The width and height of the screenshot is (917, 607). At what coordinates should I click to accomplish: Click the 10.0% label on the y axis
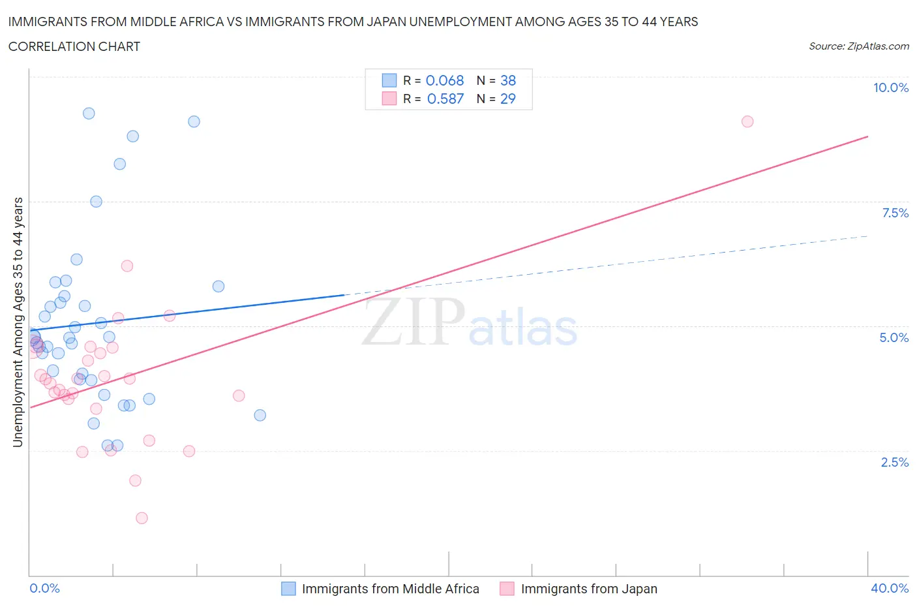pyautogui.click(x=890, y=87)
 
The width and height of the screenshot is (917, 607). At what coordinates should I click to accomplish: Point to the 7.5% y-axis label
pyautogui.click(x=894, y=213)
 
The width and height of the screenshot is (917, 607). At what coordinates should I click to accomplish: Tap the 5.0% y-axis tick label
pyautogui.click(x=894, y=337)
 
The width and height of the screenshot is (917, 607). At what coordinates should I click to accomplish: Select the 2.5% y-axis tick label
pyautogui.click(x=894, y=462)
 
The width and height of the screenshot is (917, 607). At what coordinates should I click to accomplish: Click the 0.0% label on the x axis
pyautogui.click(x=44, y=588)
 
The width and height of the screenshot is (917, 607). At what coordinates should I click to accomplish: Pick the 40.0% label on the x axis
pyautogui.click(x=889, y=588)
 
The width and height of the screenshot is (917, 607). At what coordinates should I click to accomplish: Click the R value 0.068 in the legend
pyautogui.click(x=444, y=80)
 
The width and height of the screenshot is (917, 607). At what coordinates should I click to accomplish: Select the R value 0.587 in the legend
pyautogui.click(x=445, y=99)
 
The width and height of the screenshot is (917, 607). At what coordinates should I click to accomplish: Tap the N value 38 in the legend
pyautogui.click(x=507, y=80)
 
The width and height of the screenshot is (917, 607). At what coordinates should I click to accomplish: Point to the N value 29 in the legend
pyautogui.click(x=507, y=99)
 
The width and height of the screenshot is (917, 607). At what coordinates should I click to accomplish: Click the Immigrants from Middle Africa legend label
pyautogui.click(x=390, y=589)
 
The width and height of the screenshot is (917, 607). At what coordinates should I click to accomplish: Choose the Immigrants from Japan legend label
pyautogui.click(x=588, y=589)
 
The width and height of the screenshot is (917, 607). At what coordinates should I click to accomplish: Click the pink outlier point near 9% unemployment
pyautogui.click(x=747, y=121)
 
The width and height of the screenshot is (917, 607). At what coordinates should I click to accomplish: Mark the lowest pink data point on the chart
pyautogui.click(x=142, y=518)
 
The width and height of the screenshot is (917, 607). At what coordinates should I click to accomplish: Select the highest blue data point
pyautogui.click(x=89, y=114)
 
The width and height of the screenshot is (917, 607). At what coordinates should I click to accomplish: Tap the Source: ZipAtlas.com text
pyautogui.click(x=858, y=46)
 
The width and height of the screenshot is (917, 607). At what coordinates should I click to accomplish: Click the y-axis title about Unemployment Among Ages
pyautogui.click(x=18, y=322)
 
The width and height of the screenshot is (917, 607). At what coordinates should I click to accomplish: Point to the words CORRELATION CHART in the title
pyautogui.click(x=74, y=46)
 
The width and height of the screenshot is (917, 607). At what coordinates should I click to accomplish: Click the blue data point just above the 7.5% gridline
pyautogui.click(x=96, y=202)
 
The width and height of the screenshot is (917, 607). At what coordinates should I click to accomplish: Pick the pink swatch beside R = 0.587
pyautogui.click(x=389, y=99)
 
